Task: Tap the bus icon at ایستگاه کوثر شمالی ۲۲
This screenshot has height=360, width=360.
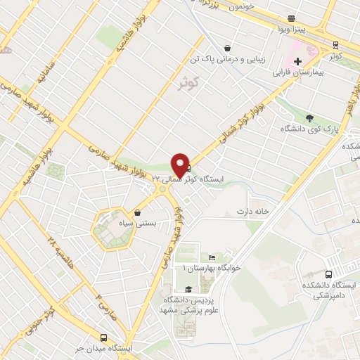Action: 187,167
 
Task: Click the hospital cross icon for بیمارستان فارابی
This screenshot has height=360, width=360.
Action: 298,61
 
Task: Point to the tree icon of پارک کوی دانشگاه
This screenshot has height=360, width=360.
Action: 309,117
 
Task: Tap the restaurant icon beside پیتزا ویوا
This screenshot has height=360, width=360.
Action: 292,18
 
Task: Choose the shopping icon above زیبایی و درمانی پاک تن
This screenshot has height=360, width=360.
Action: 227,49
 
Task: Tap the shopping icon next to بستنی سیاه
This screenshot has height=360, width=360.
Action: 138,212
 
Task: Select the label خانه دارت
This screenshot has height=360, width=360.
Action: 253,211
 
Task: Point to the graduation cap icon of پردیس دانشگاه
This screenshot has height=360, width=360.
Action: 188,289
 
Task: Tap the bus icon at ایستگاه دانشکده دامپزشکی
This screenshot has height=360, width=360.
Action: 329,274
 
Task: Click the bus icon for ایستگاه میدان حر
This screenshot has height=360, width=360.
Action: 103,337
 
